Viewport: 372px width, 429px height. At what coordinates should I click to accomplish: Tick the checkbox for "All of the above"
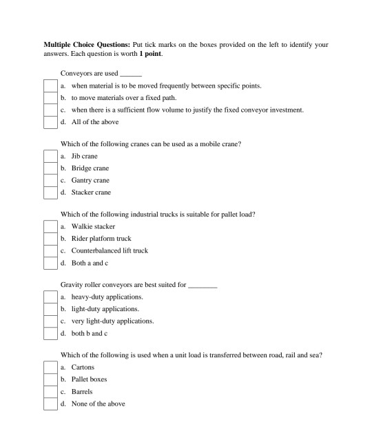click(x=50, y=122)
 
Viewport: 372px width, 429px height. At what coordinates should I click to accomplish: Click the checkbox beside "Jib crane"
click(x=50, y=157)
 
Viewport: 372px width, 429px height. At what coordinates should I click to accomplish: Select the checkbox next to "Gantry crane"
click(x=50, y=180)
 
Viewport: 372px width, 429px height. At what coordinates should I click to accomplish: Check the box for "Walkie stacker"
click(x=50, y=227)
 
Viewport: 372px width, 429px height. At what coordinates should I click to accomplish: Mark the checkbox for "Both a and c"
click(x=50, y=263)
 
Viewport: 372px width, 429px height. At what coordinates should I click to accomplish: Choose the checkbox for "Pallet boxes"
click(x=50, y=379)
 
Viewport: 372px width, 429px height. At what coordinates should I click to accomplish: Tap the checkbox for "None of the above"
click(x=50, y=403)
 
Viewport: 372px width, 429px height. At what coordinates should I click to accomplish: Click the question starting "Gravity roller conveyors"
click(x=124, y=285)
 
